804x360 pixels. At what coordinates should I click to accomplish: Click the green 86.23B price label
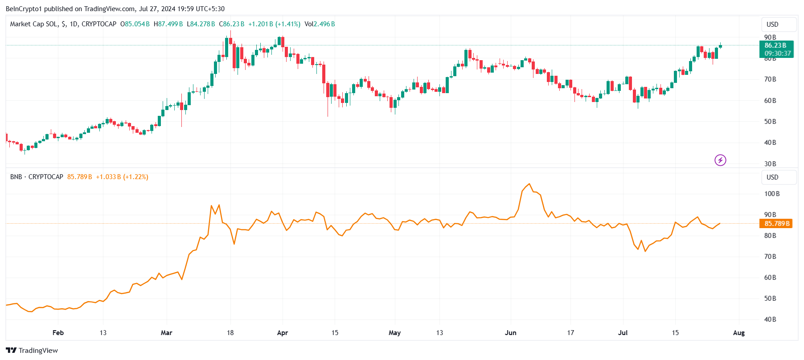point(775,45)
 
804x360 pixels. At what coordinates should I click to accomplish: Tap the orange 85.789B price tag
point(775,224)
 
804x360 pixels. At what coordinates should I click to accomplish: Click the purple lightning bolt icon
point(720,160)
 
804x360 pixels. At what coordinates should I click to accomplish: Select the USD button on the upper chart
point(772,25)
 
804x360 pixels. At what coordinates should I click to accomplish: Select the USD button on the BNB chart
point(772,177)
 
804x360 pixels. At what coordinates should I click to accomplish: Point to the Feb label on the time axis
point(58,333)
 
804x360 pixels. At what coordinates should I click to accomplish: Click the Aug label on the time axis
point(738,333)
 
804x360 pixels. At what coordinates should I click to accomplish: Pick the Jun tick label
point(510,333)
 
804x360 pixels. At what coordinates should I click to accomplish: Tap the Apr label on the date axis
point(282,333)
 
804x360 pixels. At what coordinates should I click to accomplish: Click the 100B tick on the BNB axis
point(772,194)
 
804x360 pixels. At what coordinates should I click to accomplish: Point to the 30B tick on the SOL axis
point(770,164)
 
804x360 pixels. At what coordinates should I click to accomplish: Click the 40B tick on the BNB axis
point(770,319)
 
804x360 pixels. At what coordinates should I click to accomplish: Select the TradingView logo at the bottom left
point(32,350)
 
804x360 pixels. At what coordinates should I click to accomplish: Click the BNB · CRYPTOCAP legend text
point(37,177)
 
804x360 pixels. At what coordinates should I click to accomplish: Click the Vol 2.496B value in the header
point(320,24)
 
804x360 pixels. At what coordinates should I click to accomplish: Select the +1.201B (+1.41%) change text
point(274,24)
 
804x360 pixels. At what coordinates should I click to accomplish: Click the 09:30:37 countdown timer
point(778,53)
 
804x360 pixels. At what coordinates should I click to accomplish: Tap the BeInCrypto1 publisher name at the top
point(23,9)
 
